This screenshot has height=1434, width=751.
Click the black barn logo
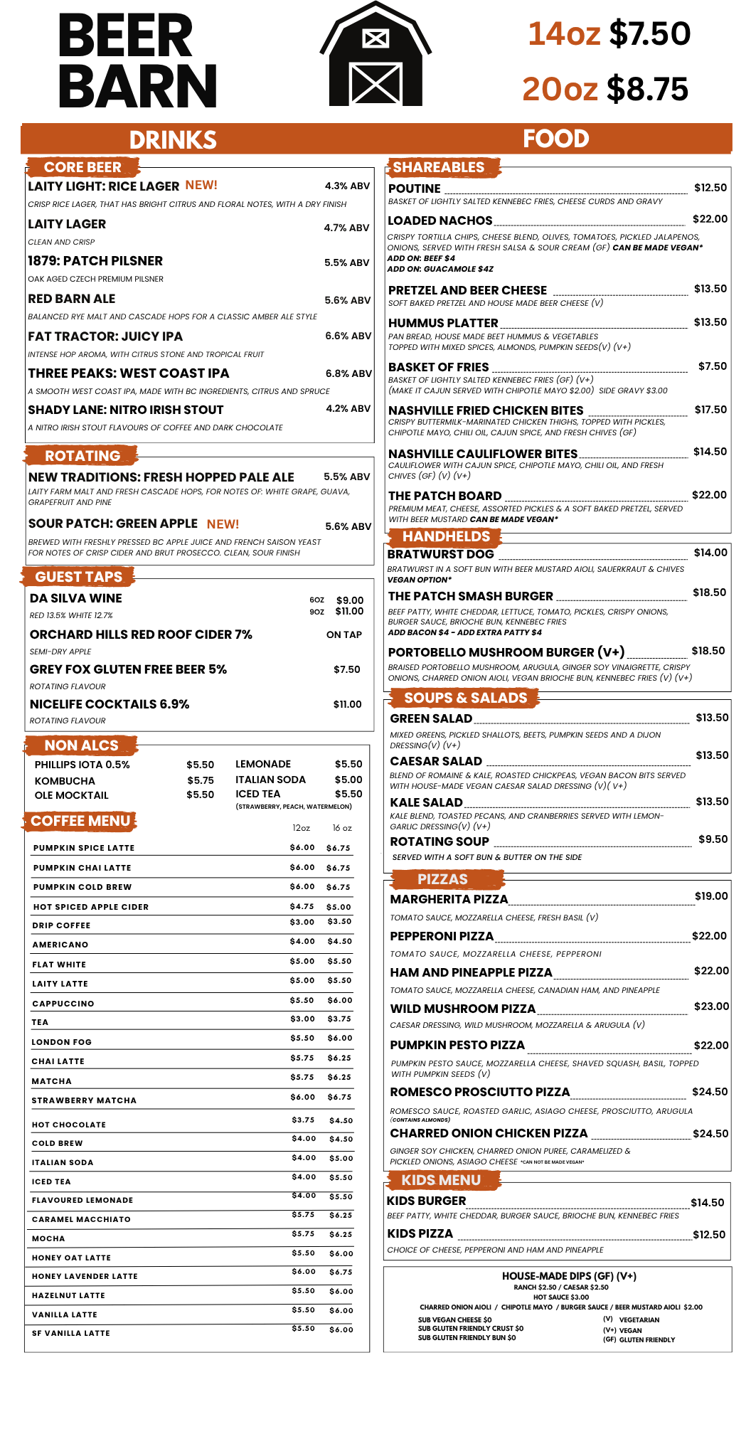(375, 57)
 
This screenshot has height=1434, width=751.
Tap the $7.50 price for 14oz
(650, 33)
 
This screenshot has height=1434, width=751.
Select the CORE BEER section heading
(82, 167)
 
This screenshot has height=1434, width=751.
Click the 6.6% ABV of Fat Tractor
(348, 336)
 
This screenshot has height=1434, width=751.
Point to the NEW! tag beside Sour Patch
(223, 524)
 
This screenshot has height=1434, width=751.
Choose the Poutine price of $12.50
(710, 188)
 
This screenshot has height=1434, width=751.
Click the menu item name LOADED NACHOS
(440, 221)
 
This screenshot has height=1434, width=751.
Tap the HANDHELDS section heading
(446, 536)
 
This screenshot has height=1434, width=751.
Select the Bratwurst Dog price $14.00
(710, 553)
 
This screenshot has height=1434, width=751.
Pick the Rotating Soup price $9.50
(713, 839)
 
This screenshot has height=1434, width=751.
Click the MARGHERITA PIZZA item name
(449, 899)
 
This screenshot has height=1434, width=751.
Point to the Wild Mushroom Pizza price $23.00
(711, 1007)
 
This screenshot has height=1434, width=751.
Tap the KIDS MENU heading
(441, 1180)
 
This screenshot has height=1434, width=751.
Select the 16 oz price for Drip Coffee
(339, 922)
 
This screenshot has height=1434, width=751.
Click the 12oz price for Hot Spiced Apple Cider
(302, 906)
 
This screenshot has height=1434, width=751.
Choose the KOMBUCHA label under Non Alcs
(65, 781)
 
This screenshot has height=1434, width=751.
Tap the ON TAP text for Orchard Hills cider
(344, 634)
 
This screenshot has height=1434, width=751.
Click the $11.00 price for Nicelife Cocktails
(347, 704)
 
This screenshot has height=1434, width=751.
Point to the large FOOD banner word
(555, 139)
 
